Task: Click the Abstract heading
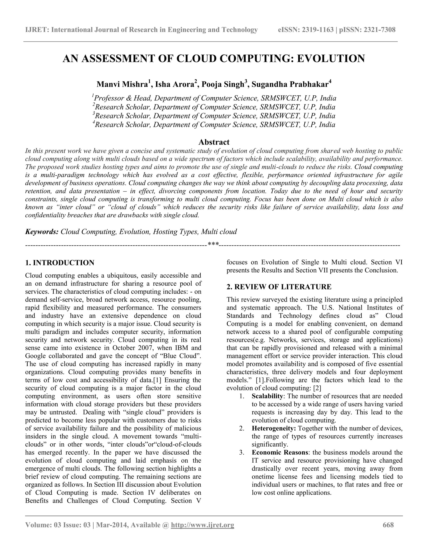click(214, 142)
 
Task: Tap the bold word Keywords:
click(42, 232)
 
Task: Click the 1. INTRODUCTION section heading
click(60, 263)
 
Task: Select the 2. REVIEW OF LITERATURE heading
click(279, 287)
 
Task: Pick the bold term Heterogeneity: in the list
click(274, 428)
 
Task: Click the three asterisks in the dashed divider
click(213, 245)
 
